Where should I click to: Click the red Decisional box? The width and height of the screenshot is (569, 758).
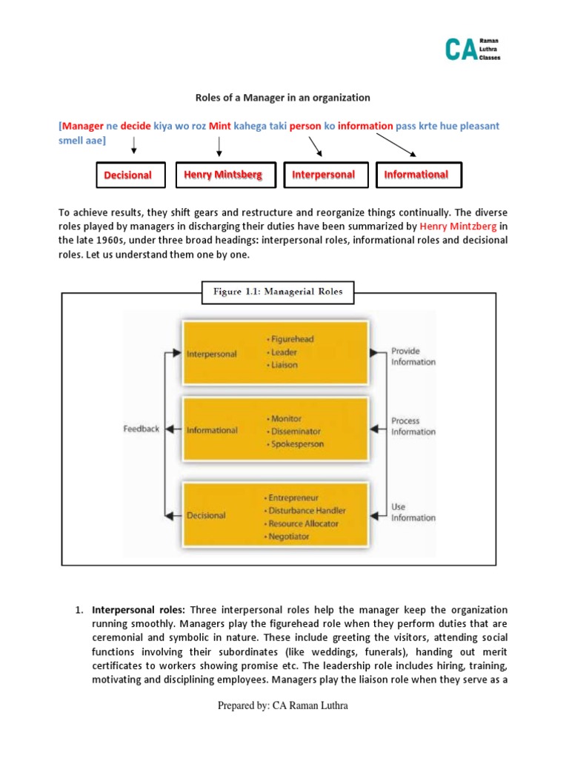pos(127,175)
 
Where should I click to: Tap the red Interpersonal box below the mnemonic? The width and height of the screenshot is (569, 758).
pos(323,175)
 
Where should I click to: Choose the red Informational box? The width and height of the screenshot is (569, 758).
pos(416,175)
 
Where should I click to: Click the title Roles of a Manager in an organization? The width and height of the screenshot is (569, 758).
pos(282,97)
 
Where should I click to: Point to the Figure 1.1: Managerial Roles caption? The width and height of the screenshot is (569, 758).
pos(278,292)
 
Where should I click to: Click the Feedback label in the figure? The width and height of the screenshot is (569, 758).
pos(141,429)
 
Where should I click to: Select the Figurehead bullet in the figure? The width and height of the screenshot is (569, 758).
pos(291,339)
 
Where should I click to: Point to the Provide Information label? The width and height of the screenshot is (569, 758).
pos(413,356)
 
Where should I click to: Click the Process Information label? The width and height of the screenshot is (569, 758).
pos(413,426)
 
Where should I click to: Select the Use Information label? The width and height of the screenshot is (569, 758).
pos(413,512)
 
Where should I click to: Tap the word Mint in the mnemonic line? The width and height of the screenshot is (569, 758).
pos(220,126)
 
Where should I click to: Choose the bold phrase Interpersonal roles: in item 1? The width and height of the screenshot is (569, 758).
pos(139,610)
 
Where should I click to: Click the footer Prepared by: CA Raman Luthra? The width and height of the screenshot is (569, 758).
pos(282,705)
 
